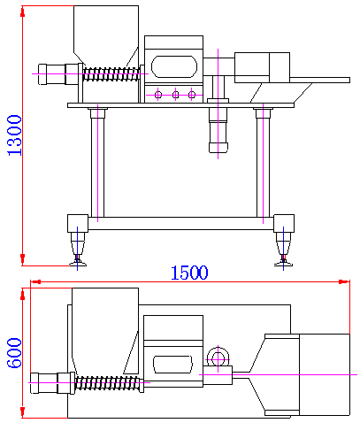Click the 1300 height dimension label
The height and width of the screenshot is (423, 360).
tap(14, 135)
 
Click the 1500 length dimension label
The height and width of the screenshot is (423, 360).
tap(189, 273)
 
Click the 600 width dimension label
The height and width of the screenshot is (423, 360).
tap(14, 353)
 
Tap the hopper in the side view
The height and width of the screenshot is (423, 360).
tap(106, 35)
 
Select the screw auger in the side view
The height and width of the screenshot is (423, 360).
tap(111, 74)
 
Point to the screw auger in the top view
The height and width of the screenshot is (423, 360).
tap(108, 383)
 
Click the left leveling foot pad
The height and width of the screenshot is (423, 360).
tap(78, 263)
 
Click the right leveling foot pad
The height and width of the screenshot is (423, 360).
tap(283, 263)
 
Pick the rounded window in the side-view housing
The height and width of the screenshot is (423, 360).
tap(174, 67)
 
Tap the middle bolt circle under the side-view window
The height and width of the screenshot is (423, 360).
tap(175, 95)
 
